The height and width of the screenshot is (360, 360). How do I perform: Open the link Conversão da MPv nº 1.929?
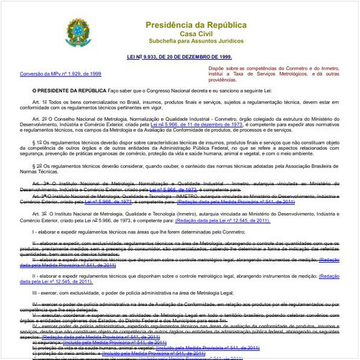pyautogui.click(x=60, y=73)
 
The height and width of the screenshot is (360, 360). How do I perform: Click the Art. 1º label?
pyautogui.click(x=40, y=104)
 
